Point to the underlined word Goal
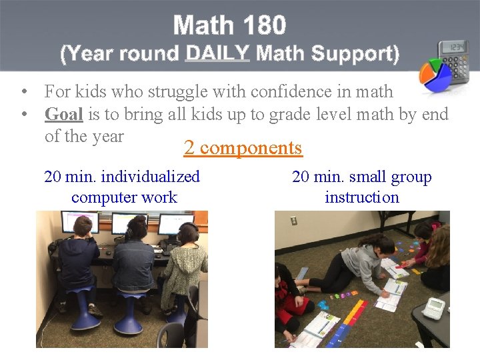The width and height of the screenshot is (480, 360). (x=63, y=115)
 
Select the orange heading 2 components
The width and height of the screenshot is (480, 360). (x=243, y=148)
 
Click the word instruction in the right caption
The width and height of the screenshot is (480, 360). (x=361, y=197)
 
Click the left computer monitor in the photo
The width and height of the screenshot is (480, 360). (x=80, y=222)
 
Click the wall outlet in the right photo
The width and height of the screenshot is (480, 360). (x=294, y=221)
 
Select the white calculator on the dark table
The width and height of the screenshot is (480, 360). (x=434, y=308)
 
